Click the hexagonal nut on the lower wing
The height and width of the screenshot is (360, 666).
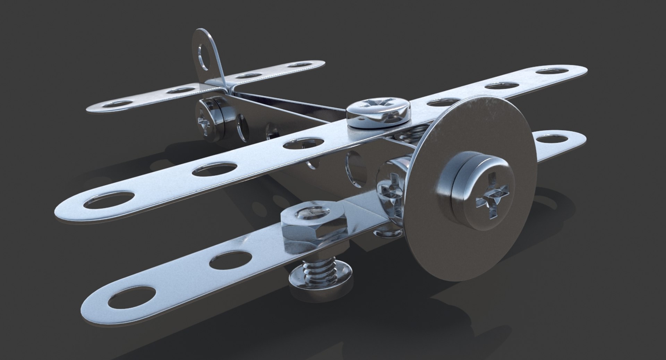pyautogui.click(x=314, y=227)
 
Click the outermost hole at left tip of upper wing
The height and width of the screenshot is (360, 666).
pyautogui.click(x=110, y=202)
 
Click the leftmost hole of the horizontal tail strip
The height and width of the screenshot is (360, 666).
pyautogui.click(x=121, y=104)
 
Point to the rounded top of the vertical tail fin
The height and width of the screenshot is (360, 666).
pyautogui.click(x=205, y=35)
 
